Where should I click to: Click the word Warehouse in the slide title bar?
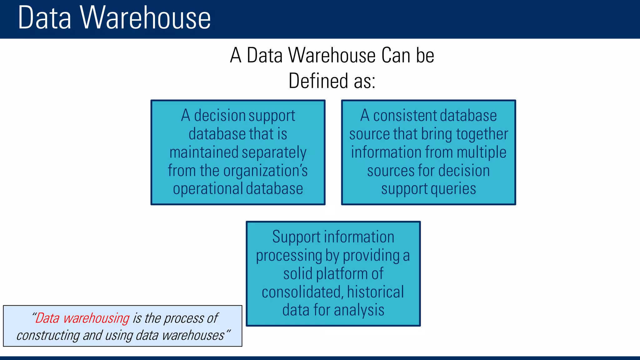point(145,18)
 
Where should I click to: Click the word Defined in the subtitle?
point(318,81)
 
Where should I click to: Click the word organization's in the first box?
point(265,171)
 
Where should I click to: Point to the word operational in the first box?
point(208,189)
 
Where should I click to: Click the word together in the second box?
point(482,134)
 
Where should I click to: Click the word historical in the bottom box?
point(375,292)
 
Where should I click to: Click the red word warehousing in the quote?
point(96,318)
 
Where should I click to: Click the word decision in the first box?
point(222,116)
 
